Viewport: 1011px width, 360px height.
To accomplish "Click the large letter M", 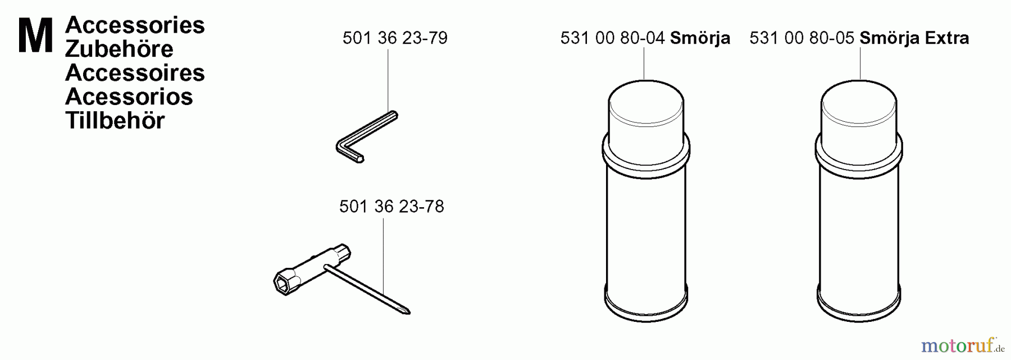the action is point(35,35).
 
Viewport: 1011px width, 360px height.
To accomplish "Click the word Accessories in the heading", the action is point(135,25).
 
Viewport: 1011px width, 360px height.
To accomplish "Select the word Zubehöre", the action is point(119,49).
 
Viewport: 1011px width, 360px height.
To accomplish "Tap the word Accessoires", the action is point(135,73).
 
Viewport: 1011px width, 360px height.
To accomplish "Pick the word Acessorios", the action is point(129,97).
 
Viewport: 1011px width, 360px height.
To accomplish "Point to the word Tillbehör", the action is point(115,121).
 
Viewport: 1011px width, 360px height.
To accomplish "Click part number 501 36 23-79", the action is point(395,38).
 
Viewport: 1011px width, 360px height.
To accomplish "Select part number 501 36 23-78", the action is point(391,207).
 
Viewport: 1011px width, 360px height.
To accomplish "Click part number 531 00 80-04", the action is point(613,38).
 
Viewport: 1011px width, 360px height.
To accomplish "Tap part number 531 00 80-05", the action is point(802,38).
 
